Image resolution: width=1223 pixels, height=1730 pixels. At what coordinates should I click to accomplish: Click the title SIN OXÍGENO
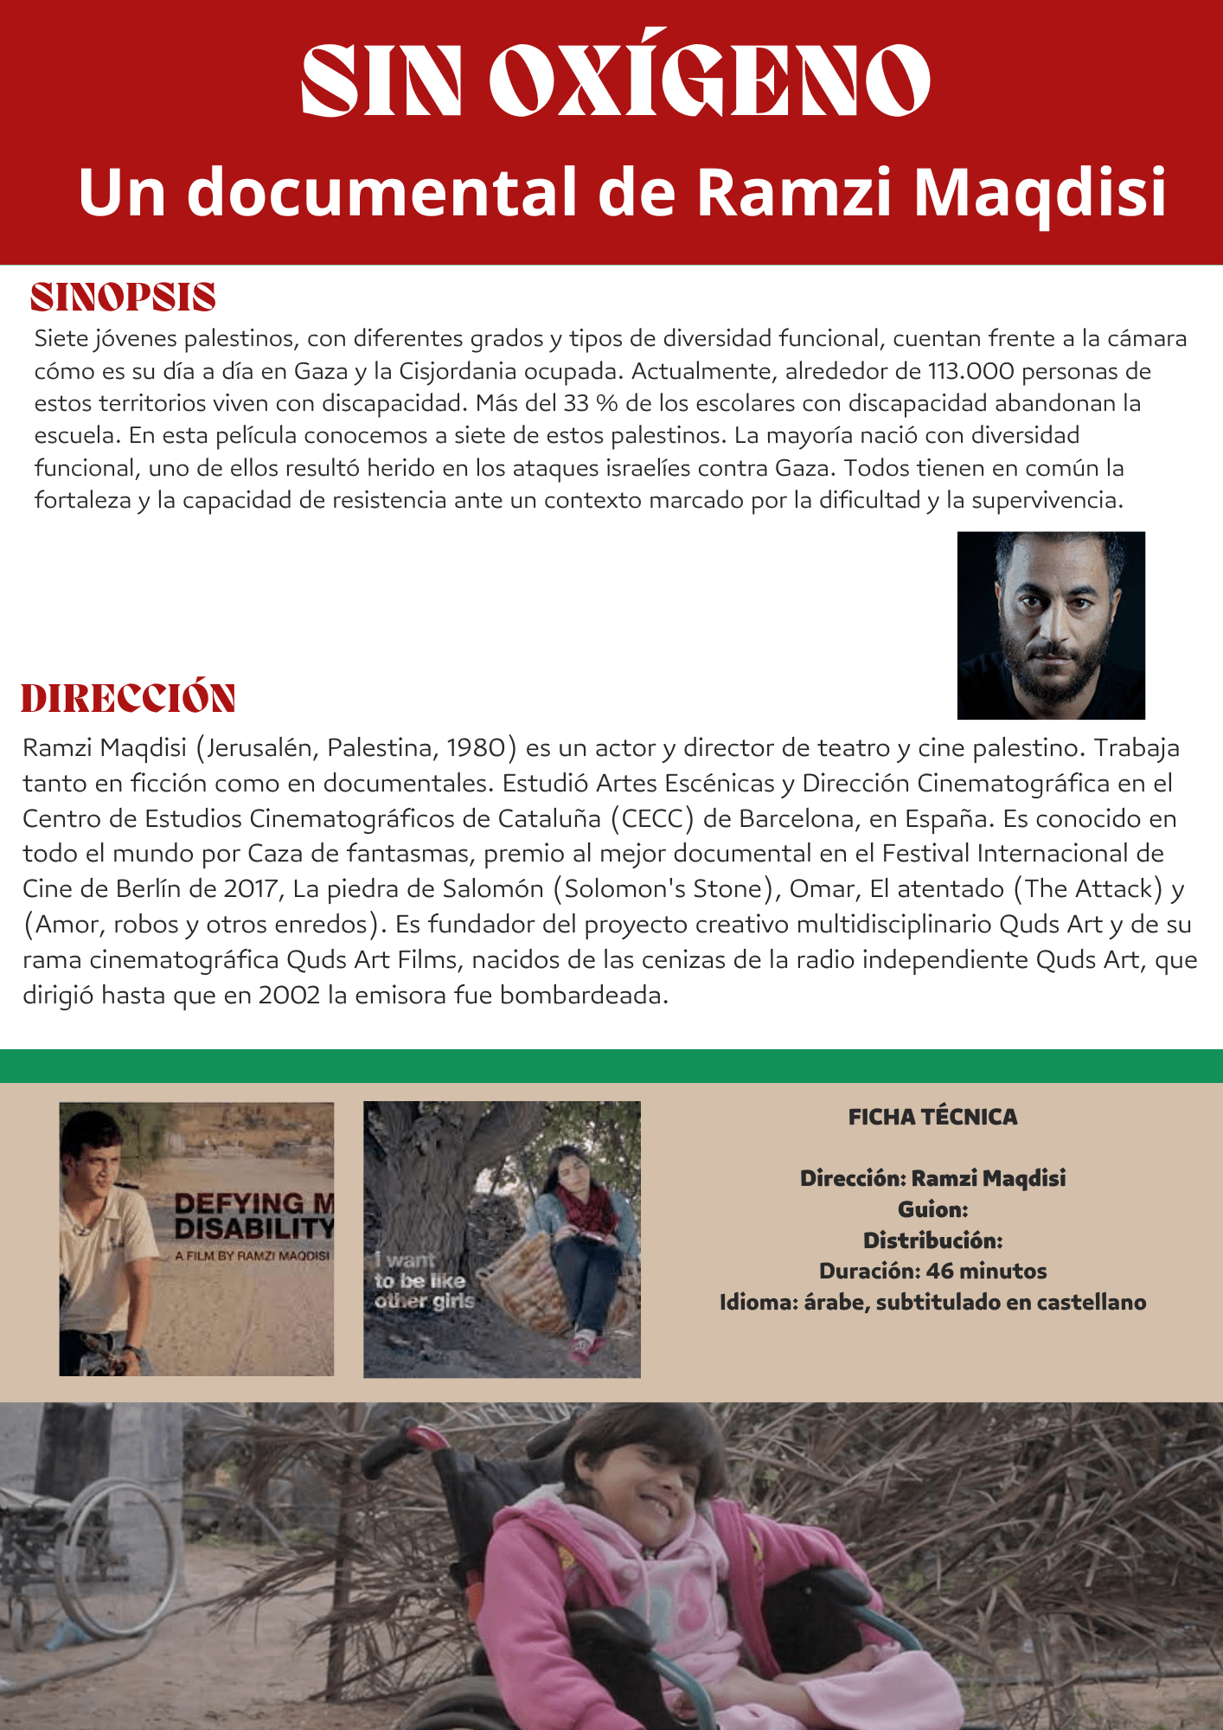[615, 78]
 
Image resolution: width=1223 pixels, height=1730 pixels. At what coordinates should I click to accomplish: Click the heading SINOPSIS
[123, 297]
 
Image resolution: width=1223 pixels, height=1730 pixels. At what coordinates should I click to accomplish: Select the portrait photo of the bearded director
[1051, 625]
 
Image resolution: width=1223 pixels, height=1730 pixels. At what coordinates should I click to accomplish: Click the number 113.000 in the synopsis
[970, 371]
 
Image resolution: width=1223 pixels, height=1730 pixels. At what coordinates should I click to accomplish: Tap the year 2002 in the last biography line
[289, 996]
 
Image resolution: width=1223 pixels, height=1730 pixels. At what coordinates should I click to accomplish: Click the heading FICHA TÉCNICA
[932, 1117]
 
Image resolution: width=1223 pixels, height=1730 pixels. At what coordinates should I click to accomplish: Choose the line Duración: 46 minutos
[932, 1271]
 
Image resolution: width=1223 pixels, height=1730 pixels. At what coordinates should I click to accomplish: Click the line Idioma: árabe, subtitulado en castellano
[932, 1302]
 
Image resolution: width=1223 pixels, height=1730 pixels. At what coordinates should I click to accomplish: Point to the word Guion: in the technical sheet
[932, 1209]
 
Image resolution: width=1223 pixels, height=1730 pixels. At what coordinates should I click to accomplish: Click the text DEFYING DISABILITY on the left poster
[253, 1215]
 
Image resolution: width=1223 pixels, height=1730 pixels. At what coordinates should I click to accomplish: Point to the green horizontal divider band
[611, 1066]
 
